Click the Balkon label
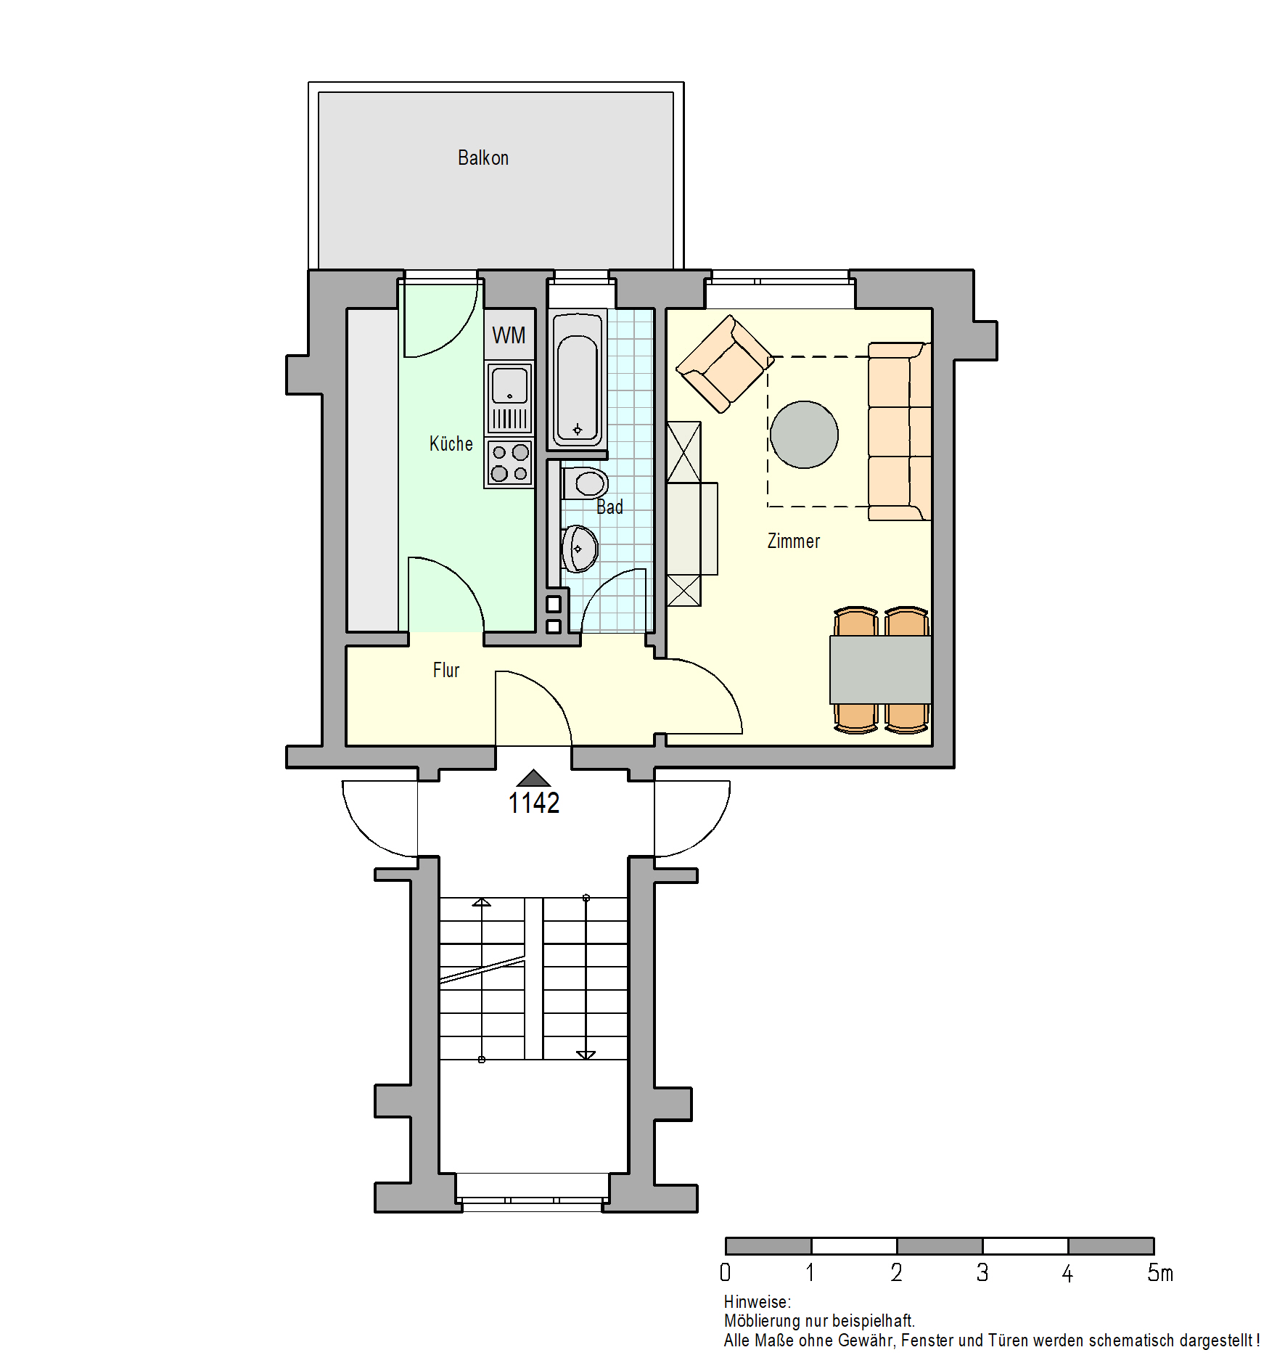[x=483, y=157]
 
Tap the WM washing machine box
[x=509, y=335]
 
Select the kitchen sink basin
[x=510, y=385]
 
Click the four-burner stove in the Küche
[x=509, y=463]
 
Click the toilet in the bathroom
[x=585, y=483]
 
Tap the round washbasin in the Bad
[x=579, y=549]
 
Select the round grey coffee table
[x=804, y=435]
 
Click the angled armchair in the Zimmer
[x=724, y=364]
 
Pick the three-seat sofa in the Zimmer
[x=900, y=431]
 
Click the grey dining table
[x=881, y=670]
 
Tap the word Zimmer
[x=794, y=541]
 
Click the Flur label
[x=446, y=670]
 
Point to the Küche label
[x=451, y=443]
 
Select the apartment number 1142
[x=534, y=803]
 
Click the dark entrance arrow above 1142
[x=534, y=778]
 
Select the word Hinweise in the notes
[x=755, y=1302]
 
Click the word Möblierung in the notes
[x=762, y=1321]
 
